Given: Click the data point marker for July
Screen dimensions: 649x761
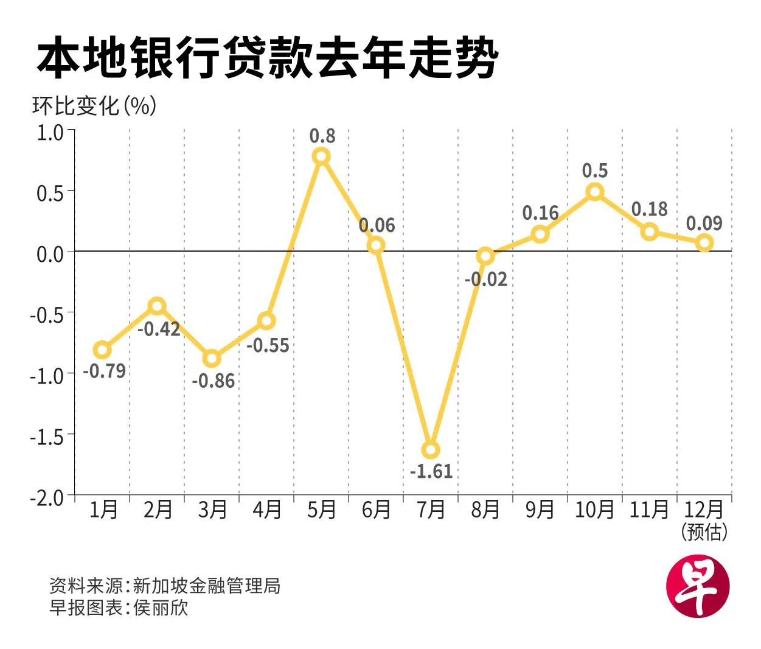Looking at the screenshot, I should tap(431, 450).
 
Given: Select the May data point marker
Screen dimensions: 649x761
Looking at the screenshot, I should tap(321, 156).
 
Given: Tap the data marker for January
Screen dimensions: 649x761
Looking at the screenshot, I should tap(102, 349).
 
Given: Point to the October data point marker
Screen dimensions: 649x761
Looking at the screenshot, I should tap(595, 192).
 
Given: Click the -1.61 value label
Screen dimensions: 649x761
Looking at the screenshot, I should tap(431, 471).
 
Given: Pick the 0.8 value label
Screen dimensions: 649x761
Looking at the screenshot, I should tap(322, 136).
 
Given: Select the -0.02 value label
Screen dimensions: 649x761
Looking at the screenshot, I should tap(485, 279).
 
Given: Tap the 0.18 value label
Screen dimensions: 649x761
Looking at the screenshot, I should tap(649, 209).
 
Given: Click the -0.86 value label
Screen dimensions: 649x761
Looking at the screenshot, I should tap(213, 381).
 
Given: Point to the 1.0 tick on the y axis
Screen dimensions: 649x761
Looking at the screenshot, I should tap(50, 132).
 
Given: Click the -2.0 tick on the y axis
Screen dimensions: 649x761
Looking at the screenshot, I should tap(47, 497).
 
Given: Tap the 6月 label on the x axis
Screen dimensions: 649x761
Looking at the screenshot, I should tap(376, 509).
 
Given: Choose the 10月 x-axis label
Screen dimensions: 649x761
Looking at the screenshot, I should tap(594, 509).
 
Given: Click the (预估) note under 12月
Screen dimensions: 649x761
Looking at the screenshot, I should tap(704, 531).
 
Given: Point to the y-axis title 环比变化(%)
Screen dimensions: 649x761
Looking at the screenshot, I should tap(94, 106).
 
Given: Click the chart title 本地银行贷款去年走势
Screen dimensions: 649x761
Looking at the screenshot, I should tap(268, 58).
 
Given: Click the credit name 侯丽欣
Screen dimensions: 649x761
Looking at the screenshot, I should tap(161, 607).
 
